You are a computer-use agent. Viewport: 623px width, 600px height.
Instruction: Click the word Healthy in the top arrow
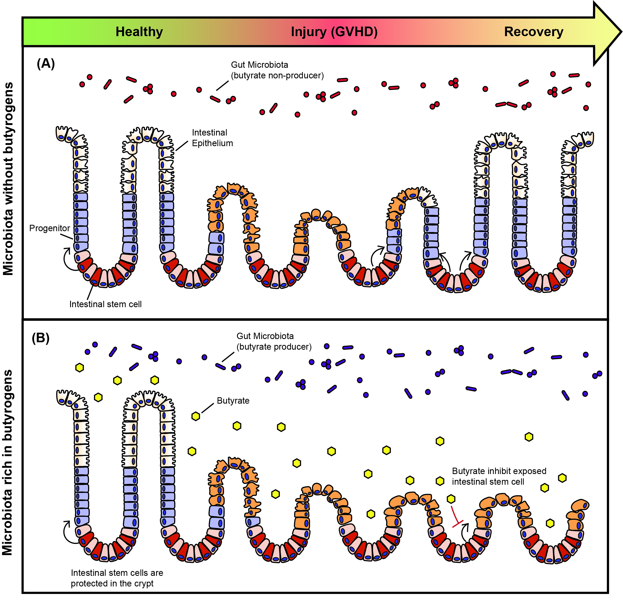coord(139,32)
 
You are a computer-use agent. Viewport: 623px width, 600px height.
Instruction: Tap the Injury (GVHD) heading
coord(334,32)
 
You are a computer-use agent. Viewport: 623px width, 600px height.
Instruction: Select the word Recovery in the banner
coord(534,32)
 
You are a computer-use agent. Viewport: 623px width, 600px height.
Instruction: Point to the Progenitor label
coord(49,228)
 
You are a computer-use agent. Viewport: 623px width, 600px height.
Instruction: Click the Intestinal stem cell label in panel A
coord(105,304)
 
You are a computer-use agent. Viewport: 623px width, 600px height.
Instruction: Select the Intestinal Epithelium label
coord(212,138)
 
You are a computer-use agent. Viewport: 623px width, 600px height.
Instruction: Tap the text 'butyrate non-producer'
coord(277,76)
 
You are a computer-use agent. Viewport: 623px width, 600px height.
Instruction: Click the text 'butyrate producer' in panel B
coord(274,347)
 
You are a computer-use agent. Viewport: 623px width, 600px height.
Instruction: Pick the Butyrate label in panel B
coord(233,400)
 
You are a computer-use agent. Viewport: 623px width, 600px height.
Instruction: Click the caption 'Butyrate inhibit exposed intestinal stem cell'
coord(499,476)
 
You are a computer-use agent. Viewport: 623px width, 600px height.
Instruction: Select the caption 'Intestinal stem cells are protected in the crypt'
coord(117,578)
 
